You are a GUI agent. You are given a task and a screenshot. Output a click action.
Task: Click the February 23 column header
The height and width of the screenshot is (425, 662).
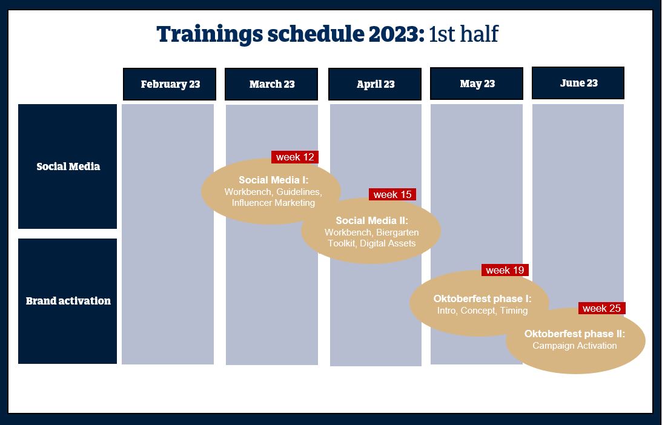point(170,84)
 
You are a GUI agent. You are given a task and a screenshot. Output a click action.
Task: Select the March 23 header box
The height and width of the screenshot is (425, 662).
point(271,84)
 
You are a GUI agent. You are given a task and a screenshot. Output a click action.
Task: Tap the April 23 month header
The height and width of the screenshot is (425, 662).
point(375,84)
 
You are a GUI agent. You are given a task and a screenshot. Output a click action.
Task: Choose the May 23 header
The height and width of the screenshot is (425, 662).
point(477,84)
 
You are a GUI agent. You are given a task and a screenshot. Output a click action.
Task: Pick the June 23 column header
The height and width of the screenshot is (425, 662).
point(578,83)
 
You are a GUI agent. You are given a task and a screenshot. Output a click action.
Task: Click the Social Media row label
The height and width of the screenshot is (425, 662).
point(68,166)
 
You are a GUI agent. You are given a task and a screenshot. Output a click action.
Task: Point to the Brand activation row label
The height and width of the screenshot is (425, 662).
point(68,301)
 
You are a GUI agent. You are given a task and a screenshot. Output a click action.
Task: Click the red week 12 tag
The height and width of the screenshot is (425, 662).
point(295,157)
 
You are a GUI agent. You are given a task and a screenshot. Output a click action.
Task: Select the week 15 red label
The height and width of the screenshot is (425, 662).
point(392,194)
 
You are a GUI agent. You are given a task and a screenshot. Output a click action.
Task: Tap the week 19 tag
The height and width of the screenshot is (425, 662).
point(505,270)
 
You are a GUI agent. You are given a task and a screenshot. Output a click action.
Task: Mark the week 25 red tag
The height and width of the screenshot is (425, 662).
point(601,308)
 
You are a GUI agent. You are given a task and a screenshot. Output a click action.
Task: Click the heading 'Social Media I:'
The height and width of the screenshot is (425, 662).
point(274,180)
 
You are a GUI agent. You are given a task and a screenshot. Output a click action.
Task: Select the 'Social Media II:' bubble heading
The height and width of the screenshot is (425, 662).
point(372,221)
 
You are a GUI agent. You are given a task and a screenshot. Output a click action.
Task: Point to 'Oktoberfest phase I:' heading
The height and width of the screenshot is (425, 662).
point(483,299)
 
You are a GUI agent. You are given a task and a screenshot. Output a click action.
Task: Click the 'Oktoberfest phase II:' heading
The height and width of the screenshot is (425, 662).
point(575,334)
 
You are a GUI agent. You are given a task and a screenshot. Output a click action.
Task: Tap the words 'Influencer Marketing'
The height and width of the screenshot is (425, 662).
point(273,203)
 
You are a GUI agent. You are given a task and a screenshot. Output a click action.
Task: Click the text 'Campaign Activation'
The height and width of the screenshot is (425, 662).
point(575,346)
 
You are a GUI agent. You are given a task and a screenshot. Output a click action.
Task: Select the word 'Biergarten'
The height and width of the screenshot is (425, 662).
point(397,232)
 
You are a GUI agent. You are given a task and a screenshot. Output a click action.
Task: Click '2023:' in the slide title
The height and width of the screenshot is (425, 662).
point(397,34)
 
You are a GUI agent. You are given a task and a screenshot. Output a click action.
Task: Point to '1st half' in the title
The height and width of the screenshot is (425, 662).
point(463,34)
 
